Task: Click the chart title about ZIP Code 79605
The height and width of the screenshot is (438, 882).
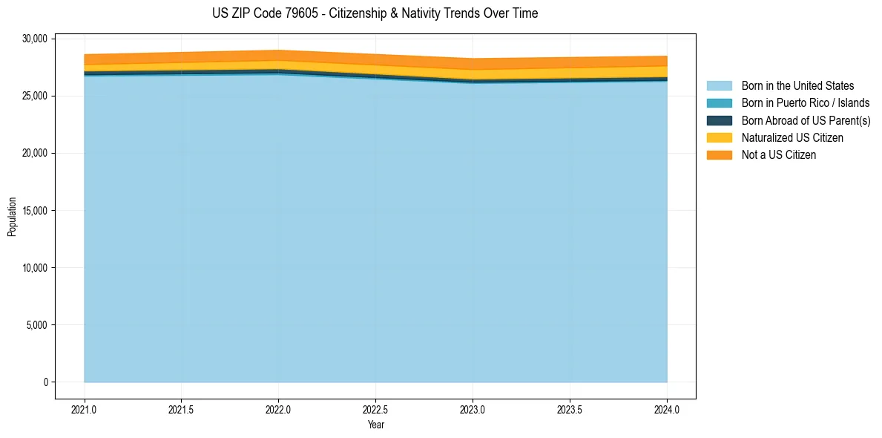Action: pyautogui.click(x=375, y=13)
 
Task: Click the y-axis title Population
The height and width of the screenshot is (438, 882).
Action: pyautogui.click(x=12, y=217)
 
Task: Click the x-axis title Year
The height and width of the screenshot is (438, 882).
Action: pyautogui.click(x=375, y=425)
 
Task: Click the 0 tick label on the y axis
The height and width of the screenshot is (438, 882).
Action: pyautogui.click(x=45, y=382)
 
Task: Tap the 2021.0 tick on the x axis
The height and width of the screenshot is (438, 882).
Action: pyautogui.click(x=85, y=409)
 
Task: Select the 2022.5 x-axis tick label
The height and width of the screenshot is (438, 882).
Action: pyautogui.click(x=375, y=409)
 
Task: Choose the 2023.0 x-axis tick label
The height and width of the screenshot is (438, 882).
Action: pyautogui.click(x=473, y=409)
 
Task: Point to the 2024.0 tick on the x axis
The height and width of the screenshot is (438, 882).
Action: pyautogui.click(x=667, y=409)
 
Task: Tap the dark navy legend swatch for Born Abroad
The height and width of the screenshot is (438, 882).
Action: pyautogui.click(x=719, y=120)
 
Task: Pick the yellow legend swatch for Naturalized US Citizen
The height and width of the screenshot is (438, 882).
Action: pyautogui.click(x=719, y=137)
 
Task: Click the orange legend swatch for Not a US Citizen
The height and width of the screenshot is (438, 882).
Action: pyautogui.click(x=719, y=154)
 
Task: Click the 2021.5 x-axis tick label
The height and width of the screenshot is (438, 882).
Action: pyautogui.click(x=182, y=409)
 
